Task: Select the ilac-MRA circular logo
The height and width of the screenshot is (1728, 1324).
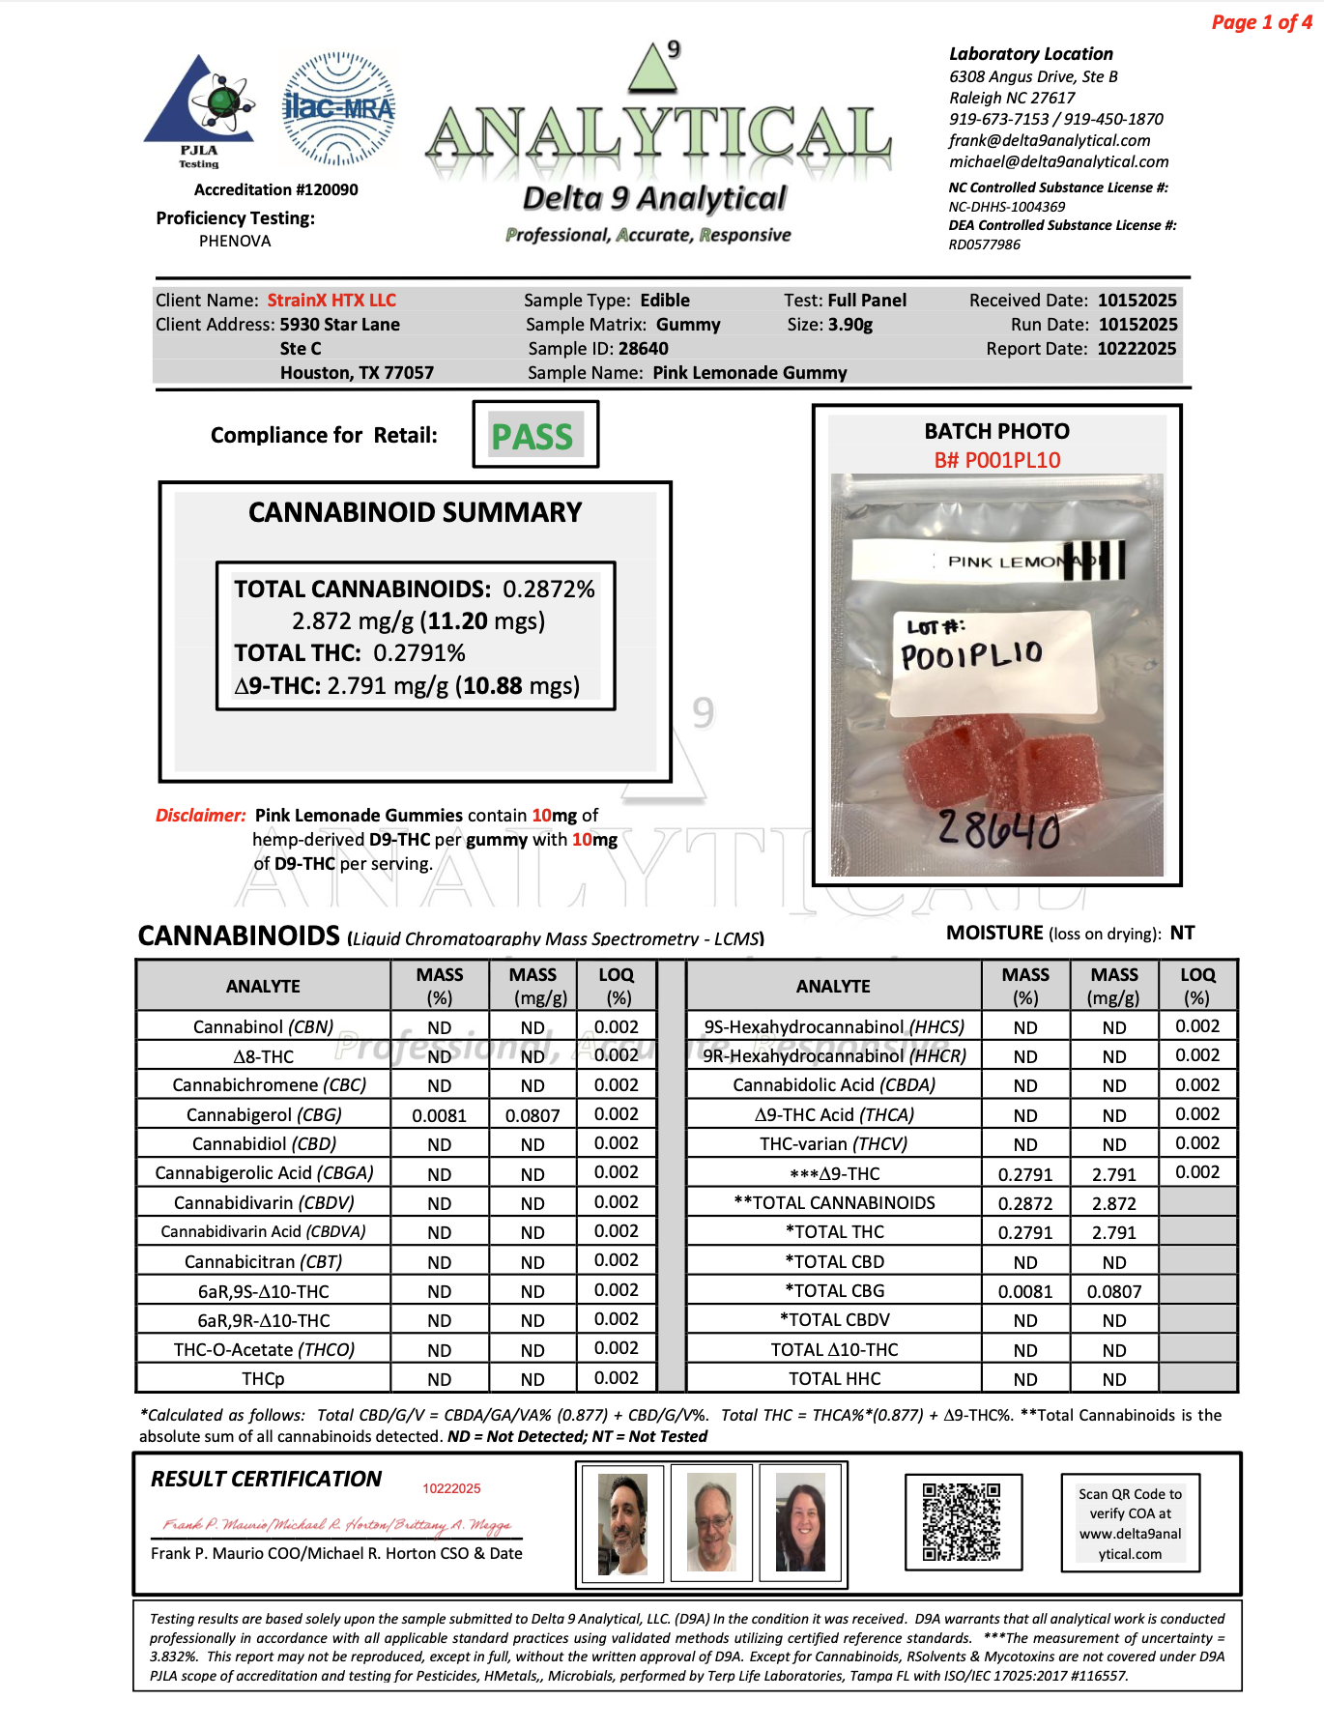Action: (x=338, y=109)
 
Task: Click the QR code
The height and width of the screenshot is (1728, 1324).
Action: (x=962, y=1521)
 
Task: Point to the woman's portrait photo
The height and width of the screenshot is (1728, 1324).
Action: (x=801, y=1521)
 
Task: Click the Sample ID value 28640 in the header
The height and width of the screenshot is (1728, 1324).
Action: (x=643, y=349)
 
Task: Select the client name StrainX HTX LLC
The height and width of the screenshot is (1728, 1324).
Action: (x=331, y=301)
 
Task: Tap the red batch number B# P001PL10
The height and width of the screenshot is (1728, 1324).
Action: (x=996, y=460)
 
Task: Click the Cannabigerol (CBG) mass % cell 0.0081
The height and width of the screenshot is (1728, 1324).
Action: (x=439, y=1115)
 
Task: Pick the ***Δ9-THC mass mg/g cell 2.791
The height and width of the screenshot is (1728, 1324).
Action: (x=1113, y=1174)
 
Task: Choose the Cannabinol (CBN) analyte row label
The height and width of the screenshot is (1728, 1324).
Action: (x=263, y=1026)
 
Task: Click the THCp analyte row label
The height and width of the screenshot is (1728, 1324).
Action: (x=263, y=1379)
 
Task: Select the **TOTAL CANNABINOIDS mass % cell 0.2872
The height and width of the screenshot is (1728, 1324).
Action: (x=1024, y=1203)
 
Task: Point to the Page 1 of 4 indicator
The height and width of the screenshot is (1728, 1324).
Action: (x=1261, y=22)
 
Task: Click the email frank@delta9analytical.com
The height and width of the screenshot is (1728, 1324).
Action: (x=1050, y=140)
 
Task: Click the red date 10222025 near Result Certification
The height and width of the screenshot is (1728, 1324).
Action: (x=451, y=1488)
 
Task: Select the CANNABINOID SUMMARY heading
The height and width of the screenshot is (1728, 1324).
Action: (x=415, y=512)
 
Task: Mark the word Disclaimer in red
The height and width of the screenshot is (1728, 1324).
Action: (x=201, y=816)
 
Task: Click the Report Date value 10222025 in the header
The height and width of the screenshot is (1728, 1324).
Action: (x=1137, y=349)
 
